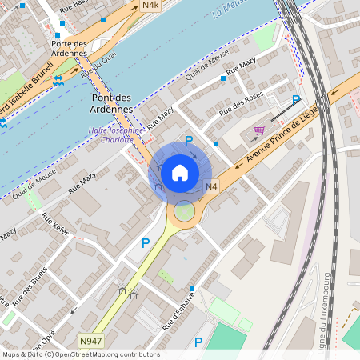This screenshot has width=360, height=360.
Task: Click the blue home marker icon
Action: (x=180, y=172)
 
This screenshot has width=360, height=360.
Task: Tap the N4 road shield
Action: (x=211, y=187)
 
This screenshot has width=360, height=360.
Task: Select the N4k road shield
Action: (x=150, y=6)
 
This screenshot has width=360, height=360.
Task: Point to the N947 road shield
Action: (x=90, y=341)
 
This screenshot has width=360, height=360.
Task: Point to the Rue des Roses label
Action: (x=242, y=102)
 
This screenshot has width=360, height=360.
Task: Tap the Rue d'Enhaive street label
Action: (x=180, y=314)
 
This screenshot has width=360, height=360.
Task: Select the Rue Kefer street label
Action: (x=57, y=228)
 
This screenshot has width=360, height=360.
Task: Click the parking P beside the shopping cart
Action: (x=295, y=100)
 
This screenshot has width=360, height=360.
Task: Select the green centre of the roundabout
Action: (x=184, y=212)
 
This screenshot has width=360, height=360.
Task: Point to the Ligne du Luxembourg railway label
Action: (x=326, y=311)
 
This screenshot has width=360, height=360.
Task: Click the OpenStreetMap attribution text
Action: (x=81, y=354)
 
